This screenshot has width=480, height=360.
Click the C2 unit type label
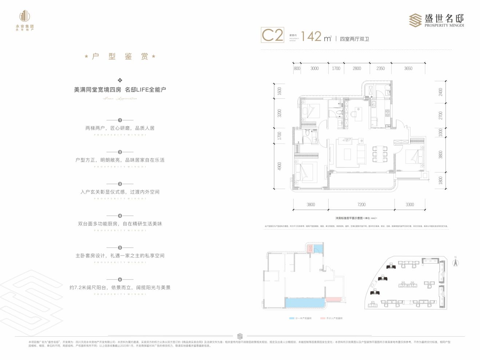pos(272,35)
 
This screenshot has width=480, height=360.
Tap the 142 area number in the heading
pos(312,36)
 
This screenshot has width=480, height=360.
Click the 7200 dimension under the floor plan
pos(361,205)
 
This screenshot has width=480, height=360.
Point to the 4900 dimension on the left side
pos(279,166)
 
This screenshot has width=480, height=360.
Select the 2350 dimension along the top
pos(381,68)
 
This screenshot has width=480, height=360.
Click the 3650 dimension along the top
pos(408,68)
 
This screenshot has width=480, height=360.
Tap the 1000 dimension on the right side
pos(441,132)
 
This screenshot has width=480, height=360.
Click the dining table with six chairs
pos(380,154)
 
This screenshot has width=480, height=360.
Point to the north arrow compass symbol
pos(455,262)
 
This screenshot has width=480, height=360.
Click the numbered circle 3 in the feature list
pos(120,184)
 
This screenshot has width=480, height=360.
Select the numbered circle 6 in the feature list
pos(120,280)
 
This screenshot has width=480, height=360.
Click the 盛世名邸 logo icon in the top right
pos(415,20)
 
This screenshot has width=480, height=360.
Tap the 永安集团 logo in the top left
pos(25,20)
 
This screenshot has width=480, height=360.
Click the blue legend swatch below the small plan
pos(291,318)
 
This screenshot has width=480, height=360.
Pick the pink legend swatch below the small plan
pos(322,318)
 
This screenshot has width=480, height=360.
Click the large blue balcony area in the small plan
pos(305,302)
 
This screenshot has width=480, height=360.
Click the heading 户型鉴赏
pos(120,56)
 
